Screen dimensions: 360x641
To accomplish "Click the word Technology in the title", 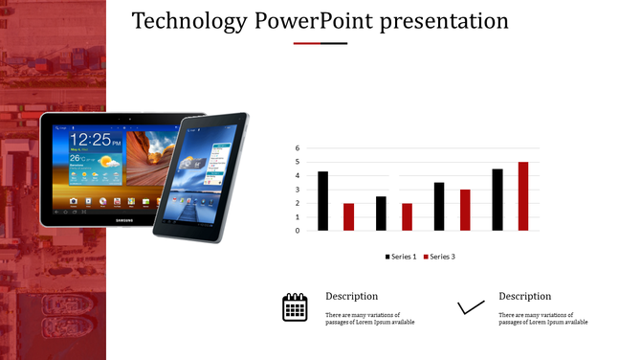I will coord(189,21).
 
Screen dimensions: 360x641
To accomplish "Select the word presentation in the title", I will coord(444,21).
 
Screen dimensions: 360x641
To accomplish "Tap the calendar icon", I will coord(295,306).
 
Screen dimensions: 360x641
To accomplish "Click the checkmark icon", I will coord(471,307).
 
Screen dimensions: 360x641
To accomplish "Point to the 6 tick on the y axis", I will coord(298,148).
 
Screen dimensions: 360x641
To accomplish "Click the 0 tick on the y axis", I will coord(298,231).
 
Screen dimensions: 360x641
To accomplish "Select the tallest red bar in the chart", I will coord(523,196).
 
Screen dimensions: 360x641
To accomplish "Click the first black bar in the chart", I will coord(323,201).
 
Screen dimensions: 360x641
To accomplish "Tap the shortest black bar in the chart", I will coord(381,214).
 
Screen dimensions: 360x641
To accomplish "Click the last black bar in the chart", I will coord(497,200).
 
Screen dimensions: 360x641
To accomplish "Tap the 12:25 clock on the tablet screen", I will coord(93,140).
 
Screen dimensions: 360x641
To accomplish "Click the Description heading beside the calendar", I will coord(351,296).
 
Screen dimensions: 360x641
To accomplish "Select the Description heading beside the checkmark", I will coord(524,296).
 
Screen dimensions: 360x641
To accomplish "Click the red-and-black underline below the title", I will coord(320,43).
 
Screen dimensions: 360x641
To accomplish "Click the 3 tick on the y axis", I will coord(298,190).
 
